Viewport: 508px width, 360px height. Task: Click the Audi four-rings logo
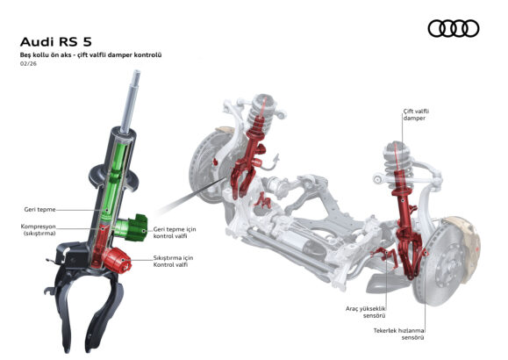click(454, 29)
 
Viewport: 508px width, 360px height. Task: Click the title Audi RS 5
click(56, 42)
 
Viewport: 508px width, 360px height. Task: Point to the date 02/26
click(28, 63)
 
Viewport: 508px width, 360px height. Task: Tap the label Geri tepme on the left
click(39, 210)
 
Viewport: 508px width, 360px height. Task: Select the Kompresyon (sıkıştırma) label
click(39, 230)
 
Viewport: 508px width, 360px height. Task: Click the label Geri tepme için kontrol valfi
click(175, 233)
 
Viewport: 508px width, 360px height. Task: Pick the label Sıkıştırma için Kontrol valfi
click(173, 261)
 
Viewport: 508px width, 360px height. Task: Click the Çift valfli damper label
click(416, 115)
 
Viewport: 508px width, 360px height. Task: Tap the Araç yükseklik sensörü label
click(366, 312)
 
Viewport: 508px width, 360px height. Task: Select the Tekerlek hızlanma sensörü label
click(399, 334)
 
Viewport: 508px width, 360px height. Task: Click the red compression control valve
click(117, 260)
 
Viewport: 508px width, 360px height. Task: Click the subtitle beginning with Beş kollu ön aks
click(90, 54)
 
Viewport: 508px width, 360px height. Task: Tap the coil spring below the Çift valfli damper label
click(398, 158)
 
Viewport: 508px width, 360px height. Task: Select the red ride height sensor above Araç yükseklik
click(385, 256)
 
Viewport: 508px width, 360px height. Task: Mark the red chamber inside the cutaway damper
click(100, 244)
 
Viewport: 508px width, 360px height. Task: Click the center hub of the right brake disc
click(448, 263)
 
